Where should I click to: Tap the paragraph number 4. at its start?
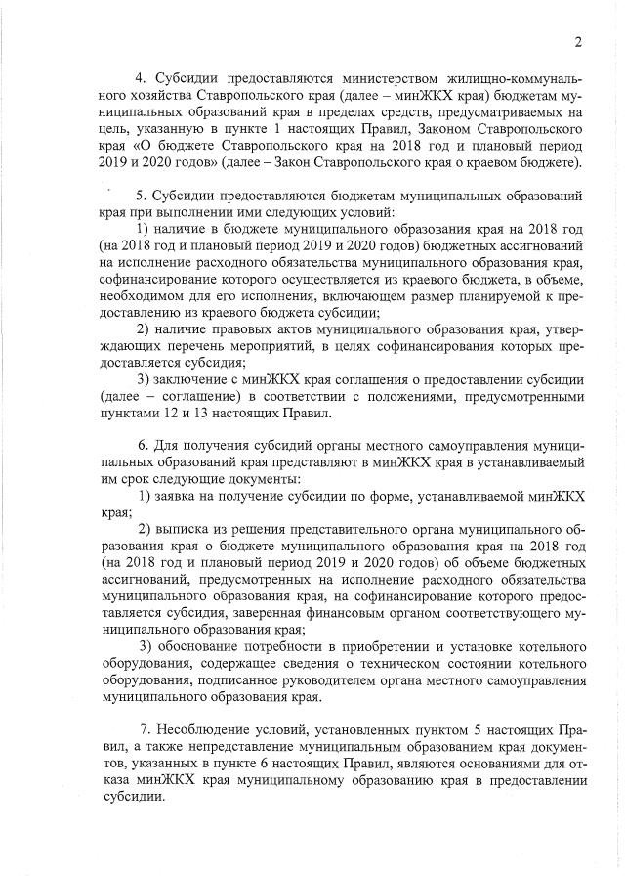(140, 76)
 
